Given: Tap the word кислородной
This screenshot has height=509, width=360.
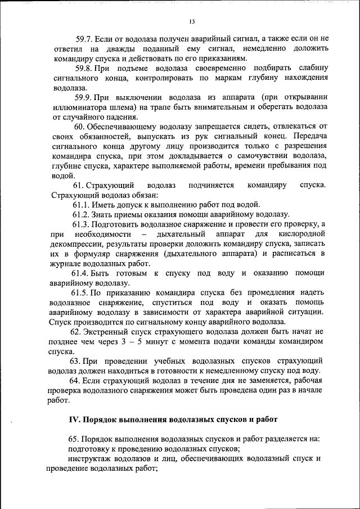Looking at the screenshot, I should [304, 234].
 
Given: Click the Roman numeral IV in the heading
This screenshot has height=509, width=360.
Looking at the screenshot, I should [74, 420].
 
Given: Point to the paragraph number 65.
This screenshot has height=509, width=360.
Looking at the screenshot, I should [74, 439].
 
